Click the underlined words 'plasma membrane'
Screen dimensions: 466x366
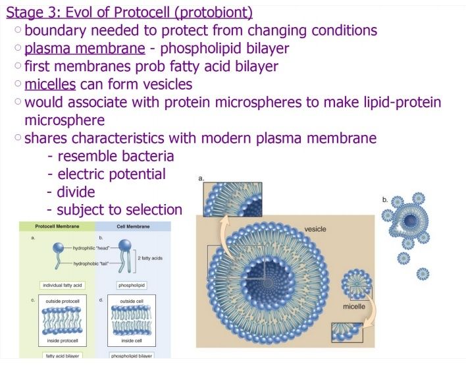click(85, 49)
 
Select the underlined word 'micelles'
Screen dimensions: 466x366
click(50, 84)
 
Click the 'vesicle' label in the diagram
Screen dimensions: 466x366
click(315, 229)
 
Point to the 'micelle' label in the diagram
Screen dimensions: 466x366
click(354, 307)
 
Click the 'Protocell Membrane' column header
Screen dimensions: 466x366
click(57, 226)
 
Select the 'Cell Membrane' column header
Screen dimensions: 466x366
click(133, 226)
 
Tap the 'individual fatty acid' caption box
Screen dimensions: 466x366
click(63, 286)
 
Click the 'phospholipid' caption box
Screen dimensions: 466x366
click(132, 286)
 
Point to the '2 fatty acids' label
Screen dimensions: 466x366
click(150, 258)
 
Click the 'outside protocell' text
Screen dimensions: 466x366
click(63, 301)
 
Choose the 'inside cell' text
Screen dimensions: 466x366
click(132, 341)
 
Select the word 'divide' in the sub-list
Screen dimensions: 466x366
click(76, 192)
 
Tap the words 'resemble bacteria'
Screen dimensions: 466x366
click(116, 157)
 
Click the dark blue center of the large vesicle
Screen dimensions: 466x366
click(267, 282)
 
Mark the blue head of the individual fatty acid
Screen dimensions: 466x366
click(58, 248)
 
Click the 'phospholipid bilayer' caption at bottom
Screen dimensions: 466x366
click(132, 356)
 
